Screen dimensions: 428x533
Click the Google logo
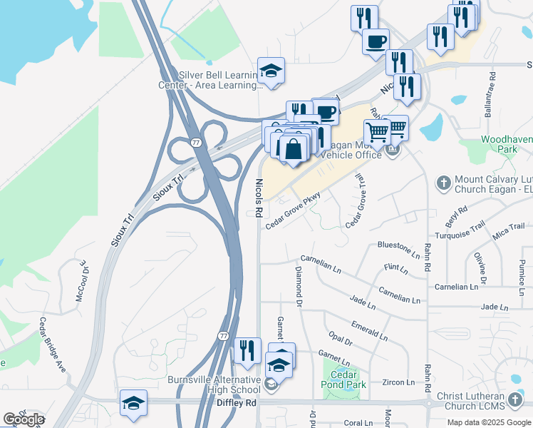[x=24, y=419]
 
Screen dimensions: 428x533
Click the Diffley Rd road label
[x=235, y=403]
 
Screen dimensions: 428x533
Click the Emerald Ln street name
[x=369, y=329]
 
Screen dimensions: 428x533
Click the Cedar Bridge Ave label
[x=53, y=344]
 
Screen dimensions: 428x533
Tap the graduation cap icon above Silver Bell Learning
[x=271, y=70]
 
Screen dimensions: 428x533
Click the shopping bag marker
[x=293, y=148]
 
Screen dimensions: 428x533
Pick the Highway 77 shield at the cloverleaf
[x=195, y=143]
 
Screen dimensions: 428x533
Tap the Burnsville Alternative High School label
[x=214, y=384]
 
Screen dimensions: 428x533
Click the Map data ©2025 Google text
[x=488, y=422]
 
